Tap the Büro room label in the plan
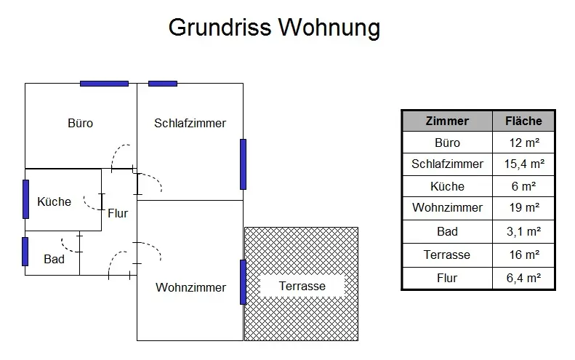click(x=80, y=123)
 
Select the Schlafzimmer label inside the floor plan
click(x=190, y=123)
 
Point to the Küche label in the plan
click(x=55, y=201)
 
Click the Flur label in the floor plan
click(x=118, y=213)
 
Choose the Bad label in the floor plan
click(x=54, y=259)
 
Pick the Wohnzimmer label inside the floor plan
click(x=190, y=287)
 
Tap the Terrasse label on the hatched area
click(x=302, y=286)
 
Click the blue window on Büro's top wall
click(x=104, y=84)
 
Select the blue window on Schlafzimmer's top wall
click(x=163, y=84)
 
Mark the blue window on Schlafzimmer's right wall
click(x=243, y=164)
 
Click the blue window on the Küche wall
click(x=25, y=199)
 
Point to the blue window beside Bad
click(x=25, y=252)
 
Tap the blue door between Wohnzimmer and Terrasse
click(x=243, y=282)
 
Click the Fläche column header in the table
click(x=523, y=121)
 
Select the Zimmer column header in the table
click(x=447, y=121)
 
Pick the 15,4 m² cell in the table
click(x=523, y=164)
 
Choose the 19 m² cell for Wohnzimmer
click(x=523, y=207)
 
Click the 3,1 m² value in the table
click(x=523, y=231)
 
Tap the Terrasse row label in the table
click(x=447, y=255)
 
